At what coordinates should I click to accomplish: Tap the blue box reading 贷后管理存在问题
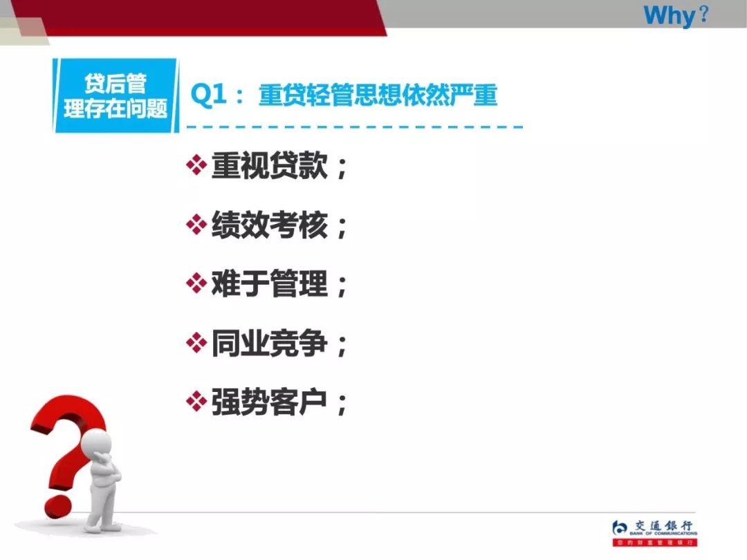pyautogui.click(x=116, y=95)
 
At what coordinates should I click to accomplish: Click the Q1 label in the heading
pyautogui.click(x=208, y=95)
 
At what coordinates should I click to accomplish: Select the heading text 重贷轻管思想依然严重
pyautogui.click(x=378, y=95)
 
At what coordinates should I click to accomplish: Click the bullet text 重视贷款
pyautogui.click(x=269, y=166)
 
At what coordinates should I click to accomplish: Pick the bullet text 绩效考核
pyautogui.click(x=269, y=225)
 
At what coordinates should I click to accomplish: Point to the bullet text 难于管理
pyautogui.click(x=269, y=283)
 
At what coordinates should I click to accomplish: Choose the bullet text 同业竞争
pyautogui.click(x=269, y=343)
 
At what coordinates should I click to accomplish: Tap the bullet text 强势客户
pyautogui.click(x=269, y=402)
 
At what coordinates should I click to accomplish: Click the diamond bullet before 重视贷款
pyautogui.click(x=197, y=166)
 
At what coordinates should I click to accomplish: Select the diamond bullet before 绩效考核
pyautogui.click(x=197, y=225)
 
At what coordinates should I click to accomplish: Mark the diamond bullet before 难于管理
pyautogui.click(x=197, y=283)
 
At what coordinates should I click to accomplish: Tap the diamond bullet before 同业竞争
pyautogui.click(x=197, y=343)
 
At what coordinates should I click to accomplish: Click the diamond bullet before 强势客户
pyautogui.click(x=197, y=402)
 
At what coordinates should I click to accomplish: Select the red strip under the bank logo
pyautogui.click(x=654, y=543)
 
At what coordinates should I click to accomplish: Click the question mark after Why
pyautogui.click(x=704, y=15)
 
